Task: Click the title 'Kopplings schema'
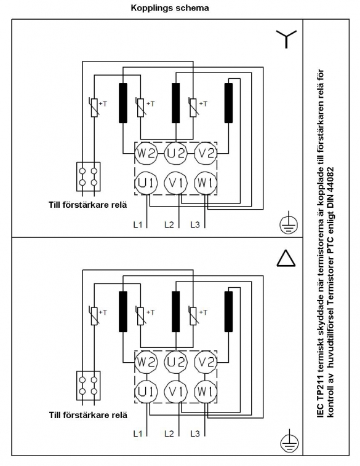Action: [x=170, y=8]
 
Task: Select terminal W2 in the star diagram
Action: [x=146, y=153]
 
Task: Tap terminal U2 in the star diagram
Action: [x=176, y=153]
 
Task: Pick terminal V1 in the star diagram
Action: [x=176, y=183]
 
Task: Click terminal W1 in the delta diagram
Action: [x=206, y=392]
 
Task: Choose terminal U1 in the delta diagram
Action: [x=146, y=392]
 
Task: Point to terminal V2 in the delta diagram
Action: [x=206, y=362]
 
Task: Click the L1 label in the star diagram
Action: [x=138, y=224]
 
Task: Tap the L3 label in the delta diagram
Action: [x=195, y=434]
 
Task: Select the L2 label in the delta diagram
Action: [x=169, y=434]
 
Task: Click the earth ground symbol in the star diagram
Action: [x=289, y=223]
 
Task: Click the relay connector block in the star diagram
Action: [x=89, y=176]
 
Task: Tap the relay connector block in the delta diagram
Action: [x=89, y=385]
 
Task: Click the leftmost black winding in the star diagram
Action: [x=123, y=103]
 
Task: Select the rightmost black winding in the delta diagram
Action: [x=228, y=312]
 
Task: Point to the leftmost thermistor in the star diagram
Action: [x=94, y=107]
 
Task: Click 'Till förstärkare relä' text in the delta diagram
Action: [x=88, y=415]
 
